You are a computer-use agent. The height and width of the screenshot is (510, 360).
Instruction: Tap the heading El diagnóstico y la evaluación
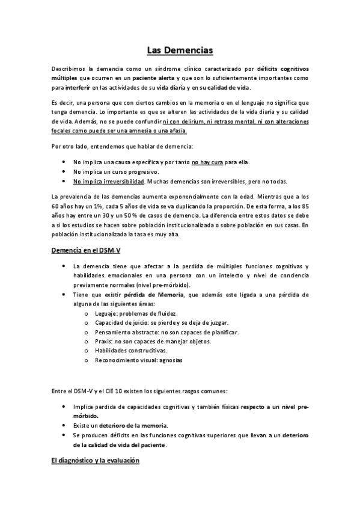tap(95, 461)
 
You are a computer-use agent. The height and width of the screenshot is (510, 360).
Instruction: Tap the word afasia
tap(176, 130)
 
